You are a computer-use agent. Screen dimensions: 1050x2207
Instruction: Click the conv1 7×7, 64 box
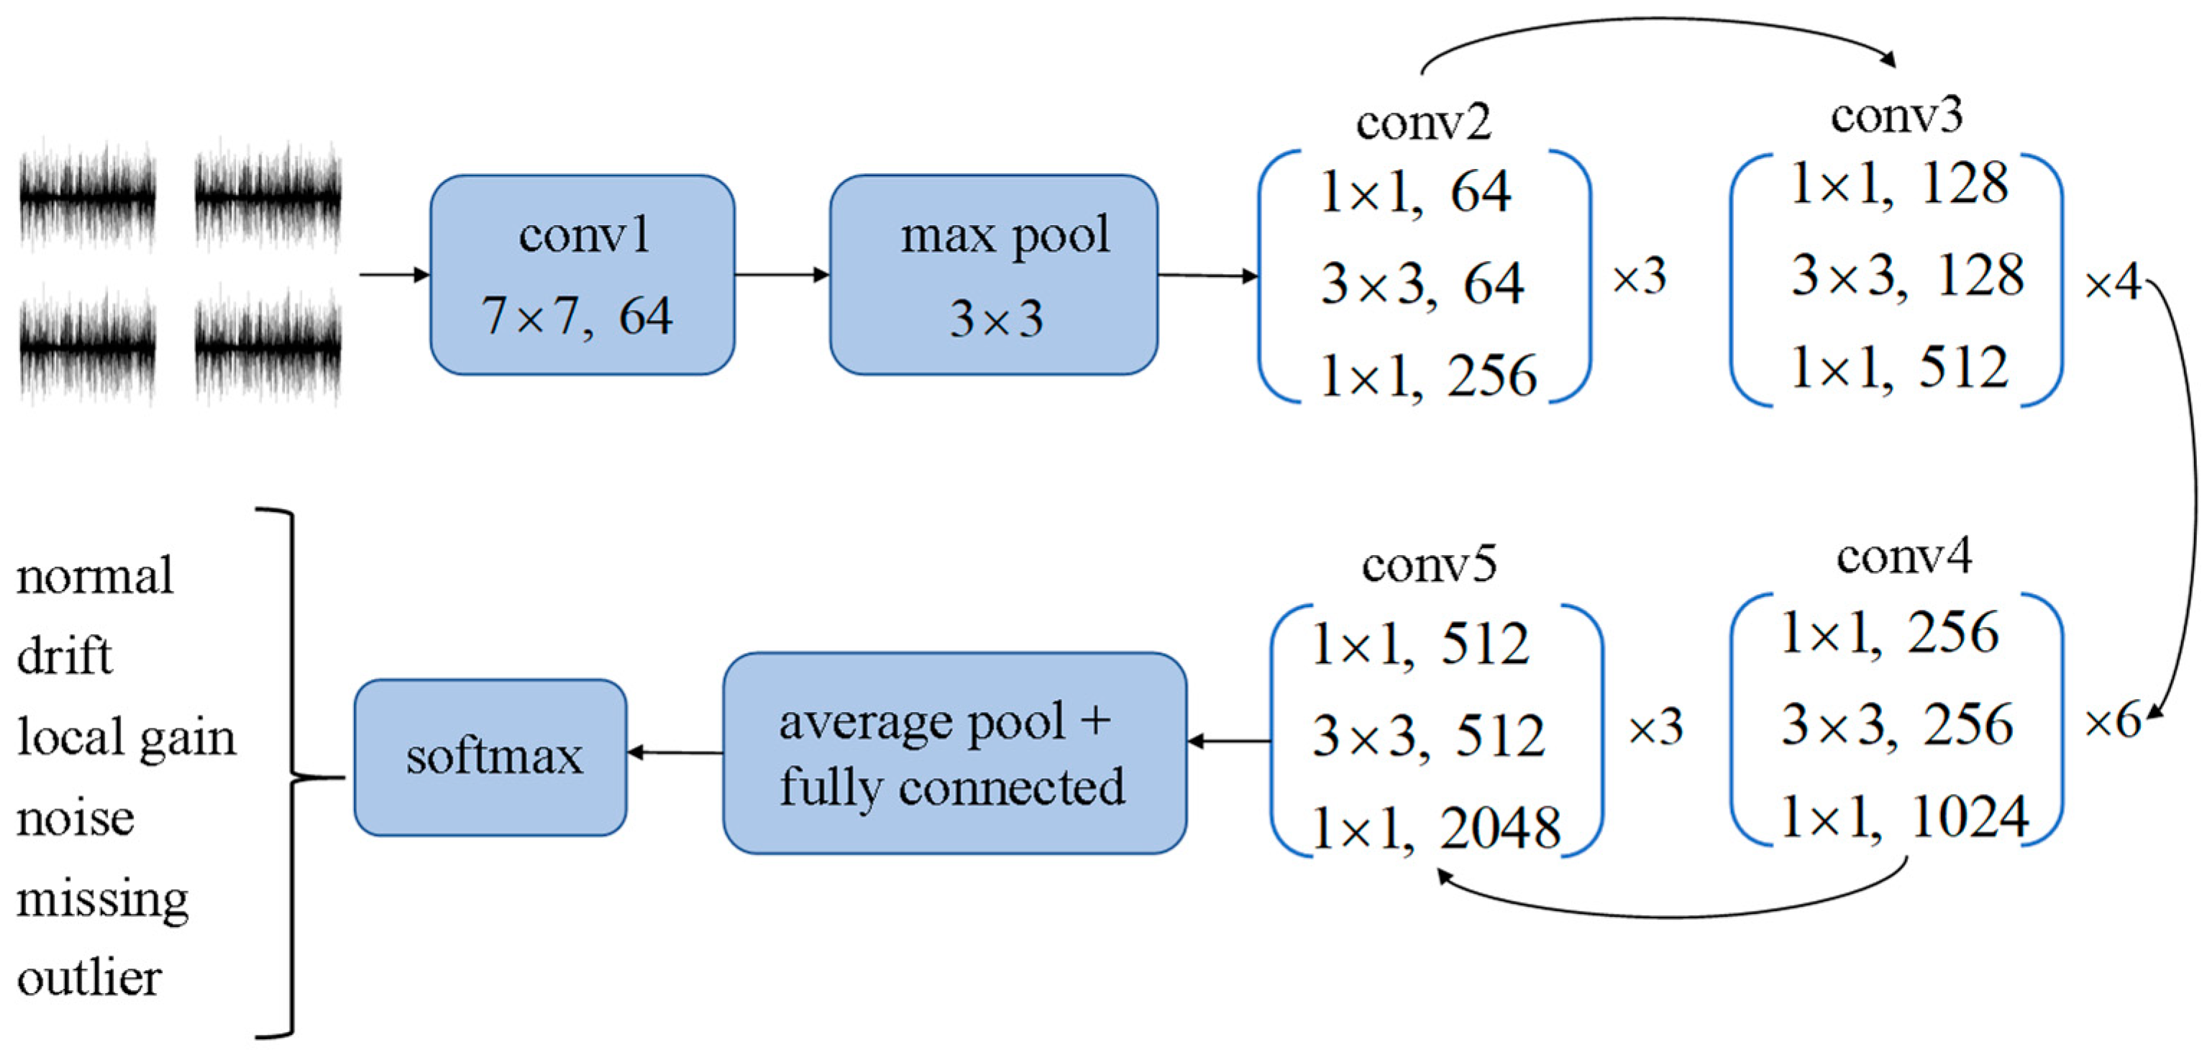coord(582,274)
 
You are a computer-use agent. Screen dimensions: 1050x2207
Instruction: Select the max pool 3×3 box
coord(993,274)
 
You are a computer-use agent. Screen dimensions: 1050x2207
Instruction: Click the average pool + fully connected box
coord(954,752)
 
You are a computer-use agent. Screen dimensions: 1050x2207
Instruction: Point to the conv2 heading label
coord(1423,122)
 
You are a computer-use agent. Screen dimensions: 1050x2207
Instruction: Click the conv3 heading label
coord(1896,116)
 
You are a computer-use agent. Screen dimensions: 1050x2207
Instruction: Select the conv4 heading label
coord(1904,557)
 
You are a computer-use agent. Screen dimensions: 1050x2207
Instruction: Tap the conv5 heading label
coord(1429,565)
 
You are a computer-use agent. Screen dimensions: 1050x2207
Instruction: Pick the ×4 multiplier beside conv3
coord(2112,282)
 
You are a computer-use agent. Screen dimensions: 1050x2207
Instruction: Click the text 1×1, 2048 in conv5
coord(1436,829)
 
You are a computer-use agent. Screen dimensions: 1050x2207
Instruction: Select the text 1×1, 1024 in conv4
coord(1904,816)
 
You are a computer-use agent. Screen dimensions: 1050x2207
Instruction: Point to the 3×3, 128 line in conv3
coord(1907,276)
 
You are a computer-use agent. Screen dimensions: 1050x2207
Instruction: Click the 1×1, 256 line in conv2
coord(1428,376)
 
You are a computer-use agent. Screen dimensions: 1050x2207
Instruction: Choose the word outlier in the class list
coord(89,978)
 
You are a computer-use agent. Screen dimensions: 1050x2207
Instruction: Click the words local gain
coord(126,737)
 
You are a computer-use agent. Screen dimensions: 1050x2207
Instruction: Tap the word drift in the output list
coord(64,657)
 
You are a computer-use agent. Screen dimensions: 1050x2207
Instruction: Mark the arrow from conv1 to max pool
coord(782,274)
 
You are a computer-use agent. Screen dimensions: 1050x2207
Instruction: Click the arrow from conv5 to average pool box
coord(1228,741)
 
